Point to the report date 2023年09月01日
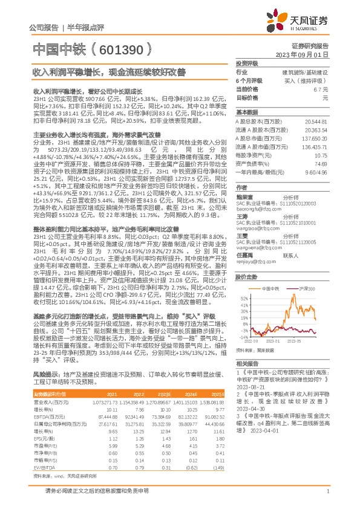click(303, 54)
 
